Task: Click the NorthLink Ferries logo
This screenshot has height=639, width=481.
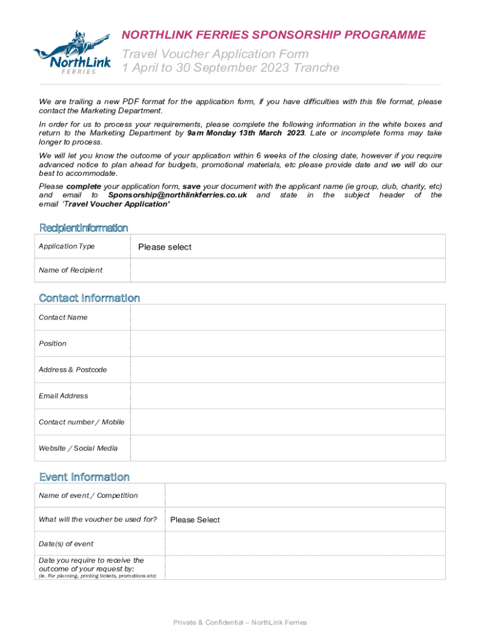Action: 72,53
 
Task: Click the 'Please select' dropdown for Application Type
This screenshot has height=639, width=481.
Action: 287,247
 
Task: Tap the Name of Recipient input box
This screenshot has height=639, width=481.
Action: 287,270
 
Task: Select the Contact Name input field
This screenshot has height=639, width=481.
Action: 287,317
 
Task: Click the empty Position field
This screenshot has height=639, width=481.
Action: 287,343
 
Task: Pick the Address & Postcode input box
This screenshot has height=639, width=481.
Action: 287,369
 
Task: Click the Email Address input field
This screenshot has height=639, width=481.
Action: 287,396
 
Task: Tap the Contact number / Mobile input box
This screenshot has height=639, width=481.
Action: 287,422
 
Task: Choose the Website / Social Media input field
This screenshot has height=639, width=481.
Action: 287,448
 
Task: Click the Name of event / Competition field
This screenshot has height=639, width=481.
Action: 305,495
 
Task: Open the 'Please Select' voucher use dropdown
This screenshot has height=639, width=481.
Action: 305,520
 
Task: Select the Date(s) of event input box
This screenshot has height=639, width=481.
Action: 305,544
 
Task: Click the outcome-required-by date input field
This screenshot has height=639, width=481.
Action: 305,567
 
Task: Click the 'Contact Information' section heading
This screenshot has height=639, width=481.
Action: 89,298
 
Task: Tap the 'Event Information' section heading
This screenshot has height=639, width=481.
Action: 84,477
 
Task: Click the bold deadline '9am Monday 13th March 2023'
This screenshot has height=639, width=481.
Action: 245,134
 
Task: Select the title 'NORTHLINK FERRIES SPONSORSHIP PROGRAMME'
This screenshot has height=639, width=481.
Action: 274,35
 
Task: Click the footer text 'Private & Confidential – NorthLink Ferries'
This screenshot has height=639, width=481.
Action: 241,622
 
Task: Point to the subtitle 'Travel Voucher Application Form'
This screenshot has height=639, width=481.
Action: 219,54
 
